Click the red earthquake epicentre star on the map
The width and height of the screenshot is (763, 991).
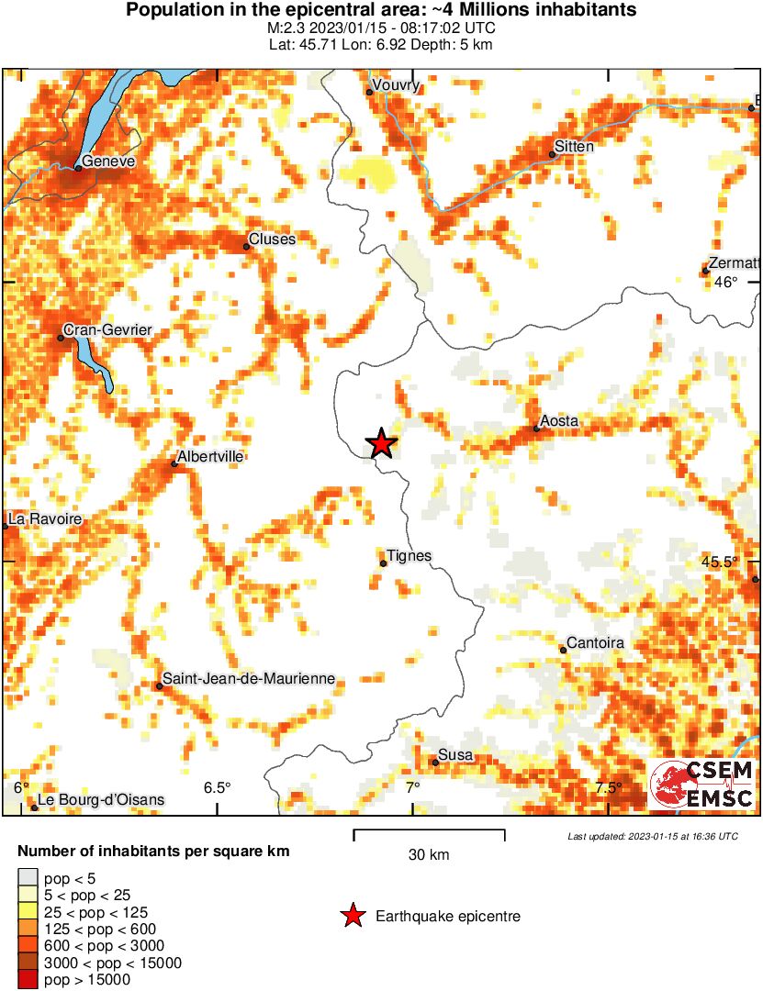381,444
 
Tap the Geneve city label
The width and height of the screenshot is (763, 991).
108,161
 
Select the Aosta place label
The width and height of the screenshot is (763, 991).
559,421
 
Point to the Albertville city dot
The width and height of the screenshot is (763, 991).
174,464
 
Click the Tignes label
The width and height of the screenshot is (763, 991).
409,556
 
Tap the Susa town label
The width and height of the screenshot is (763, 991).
456,755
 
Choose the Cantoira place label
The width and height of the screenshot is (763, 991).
595,643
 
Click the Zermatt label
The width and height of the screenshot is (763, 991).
735,262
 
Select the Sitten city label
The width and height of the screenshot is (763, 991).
576,147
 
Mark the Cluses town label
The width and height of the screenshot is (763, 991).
272,239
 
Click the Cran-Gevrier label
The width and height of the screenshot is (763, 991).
107,330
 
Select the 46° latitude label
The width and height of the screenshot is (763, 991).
725,283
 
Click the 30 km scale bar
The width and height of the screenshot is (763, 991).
429,834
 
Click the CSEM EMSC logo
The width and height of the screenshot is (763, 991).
702,785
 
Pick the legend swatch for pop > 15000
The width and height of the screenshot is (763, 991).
28,980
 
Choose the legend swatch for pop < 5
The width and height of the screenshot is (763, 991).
28,879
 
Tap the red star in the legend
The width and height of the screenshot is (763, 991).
352,916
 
